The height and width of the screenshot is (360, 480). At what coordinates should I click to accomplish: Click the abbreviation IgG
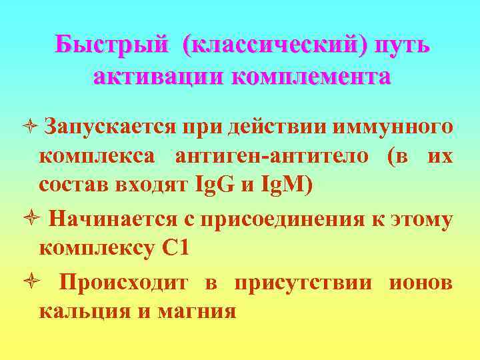pyautogui.click(x=212, y=185)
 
